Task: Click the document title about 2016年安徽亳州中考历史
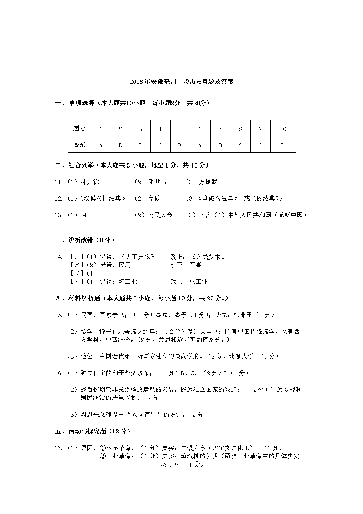point(181,82)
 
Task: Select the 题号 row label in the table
point(79,128)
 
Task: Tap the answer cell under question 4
point(160,145)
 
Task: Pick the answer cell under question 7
point(220,145)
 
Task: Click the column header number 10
point(283,129)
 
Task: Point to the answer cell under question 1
point(101,145)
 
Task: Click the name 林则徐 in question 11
point(90,182)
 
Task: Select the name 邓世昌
point(157,182)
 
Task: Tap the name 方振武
point(208,182)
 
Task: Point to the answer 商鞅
point(154,198)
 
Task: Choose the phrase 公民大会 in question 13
point(160,215)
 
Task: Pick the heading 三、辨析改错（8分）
point(85,240)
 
